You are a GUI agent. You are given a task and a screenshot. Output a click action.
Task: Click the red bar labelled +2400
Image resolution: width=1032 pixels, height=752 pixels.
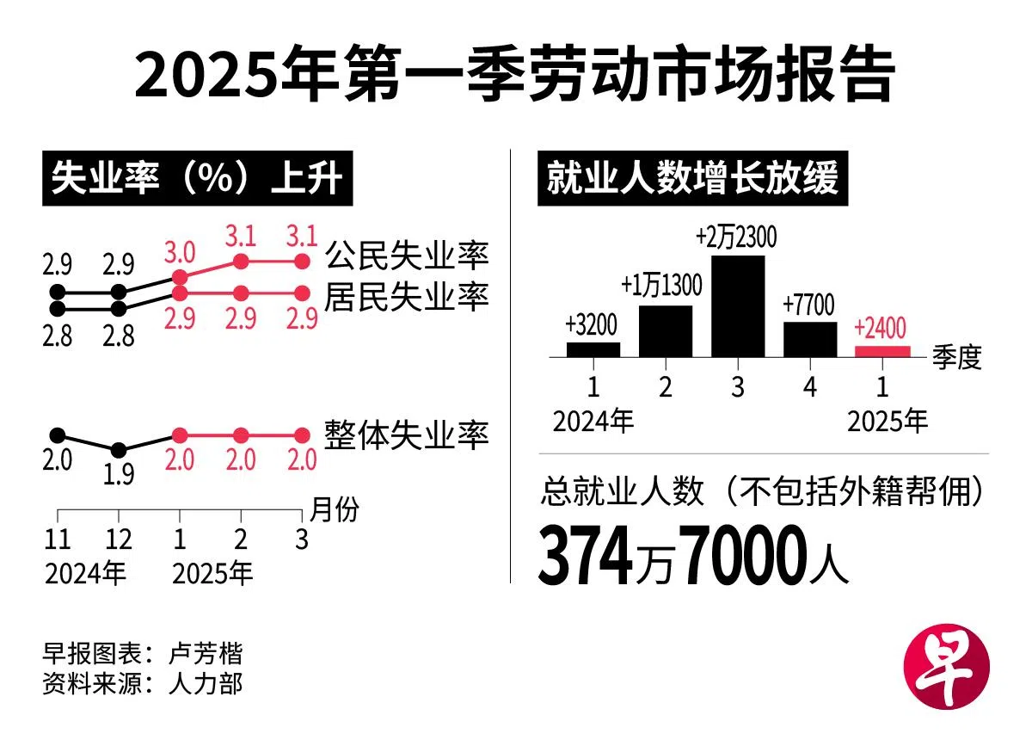pyautogui.click(x=882, y=351)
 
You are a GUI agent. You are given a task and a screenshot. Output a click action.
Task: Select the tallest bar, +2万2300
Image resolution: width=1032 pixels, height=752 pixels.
pyautogui.click(x=738, y=305)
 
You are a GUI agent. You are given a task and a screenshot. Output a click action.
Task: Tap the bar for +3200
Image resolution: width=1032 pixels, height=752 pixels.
pyautogui.click(x=593, y=349)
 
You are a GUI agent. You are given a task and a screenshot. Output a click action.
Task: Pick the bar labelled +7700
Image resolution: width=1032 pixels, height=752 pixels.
pyautogui.click(x=810, y=339)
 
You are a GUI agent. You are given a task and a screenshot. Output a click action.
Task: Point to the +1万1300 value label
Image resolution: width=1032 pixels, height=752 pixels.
pyautogui.click(x=661, y=285)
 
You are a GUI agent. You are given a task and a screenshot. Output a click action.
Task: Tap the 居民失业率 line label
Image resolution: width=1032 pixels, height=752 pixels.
pyautogui.click(x=407, y=297)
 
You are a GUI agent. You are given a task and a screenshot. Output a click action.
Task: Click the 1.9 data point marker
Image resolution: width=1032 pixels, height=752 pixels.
pyautogui.click(x=119, y=449)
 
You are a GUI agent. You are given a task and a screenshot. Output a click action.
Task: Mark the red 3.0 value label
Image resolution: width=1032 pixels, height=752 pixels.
pyautogui.click(x=179, y=252)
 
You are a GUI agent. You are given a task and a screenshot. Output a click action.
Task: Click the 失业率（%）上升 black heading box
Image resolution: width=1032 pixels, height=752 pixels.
pyautogui.click(x=197, y=181)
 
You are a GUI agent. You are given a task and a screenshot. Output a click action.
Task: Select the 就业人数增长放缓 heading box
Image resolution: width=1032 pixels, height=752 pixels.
pyautogui.click(x=692, y=181)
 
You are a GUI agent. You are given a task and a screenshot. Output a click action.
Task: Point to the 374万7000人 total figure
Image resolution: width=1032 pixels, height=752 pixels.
pyautogui.click(x=693, y=555)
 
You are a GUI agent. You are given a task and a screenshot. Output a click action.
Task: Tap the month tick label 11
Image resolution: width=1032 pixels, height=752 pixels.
pyautogui.click(x=57, y=539)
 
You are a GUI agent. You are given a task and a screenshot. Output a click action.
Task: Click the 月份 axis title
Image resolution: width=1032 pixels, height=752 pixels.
pyautogui.click(x=334, y=509)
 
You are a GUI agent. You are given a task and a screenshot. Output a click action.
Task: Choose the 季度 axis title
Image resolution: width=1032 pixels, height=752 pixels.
pyautogui.click(x=956, y=356)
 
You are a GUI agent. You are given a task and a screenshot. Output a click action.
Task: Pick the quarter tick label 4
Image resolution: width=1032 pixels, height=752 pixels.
pyautogui.click(x=809, y=386)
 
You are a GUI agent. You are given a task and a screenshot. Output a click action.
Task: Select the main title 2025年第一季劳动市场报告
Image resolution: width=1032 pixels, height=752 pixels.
pyautogui.click(x=515, y=76)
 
